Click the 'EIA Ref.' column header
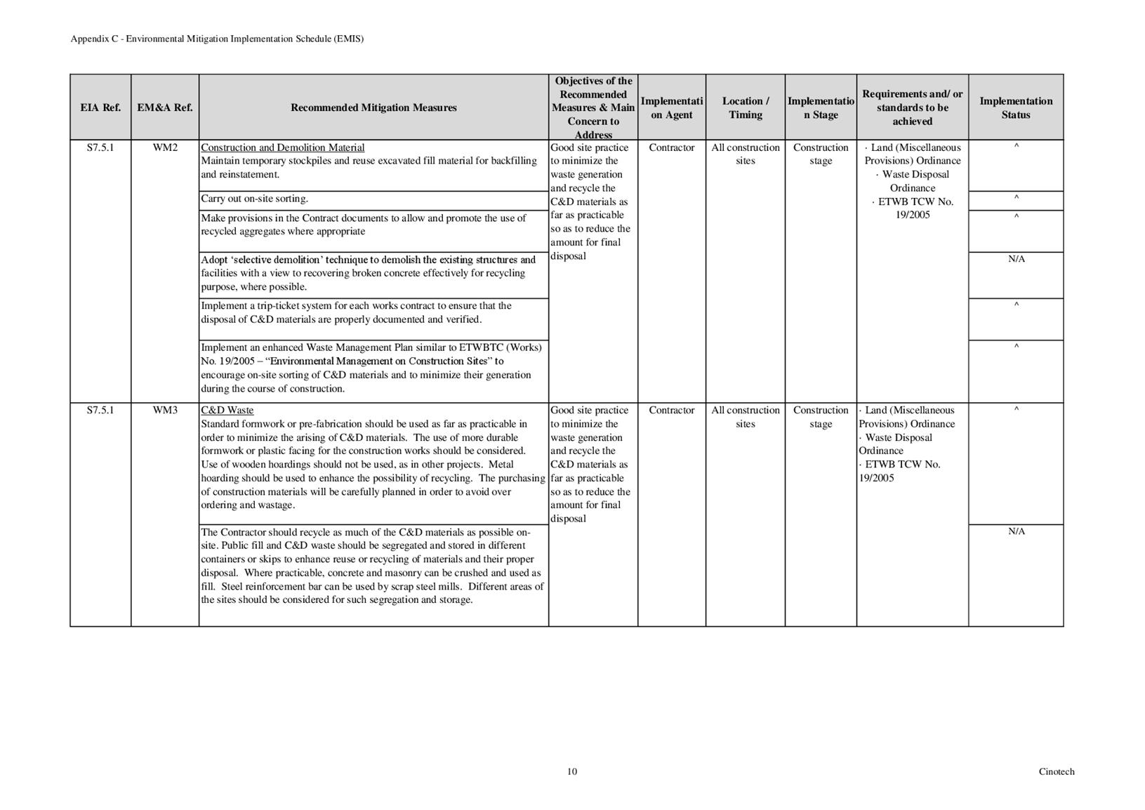[x=100, y=107]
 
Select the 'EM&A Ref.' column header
[x=165, y=107]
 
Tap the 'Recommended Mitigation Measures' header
[x=373, y=107]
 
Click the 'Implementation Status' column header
[x=1016, y=107]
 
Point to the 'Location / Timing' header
[x=746, y=107]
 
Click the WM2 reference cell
[x=165, y=147]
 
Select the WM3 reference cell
[x=165, y=410]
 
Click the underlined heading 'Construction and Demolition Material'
[x=283, y=147]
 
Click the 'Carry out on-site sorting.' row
[x=255, y=199]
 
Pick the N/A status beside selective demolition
[x=1016, y=259]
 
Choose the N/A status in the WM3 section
[x=1016, y=531]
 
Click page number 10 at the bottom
[x=572, y=771]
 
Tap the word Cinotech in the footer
[x=1057, y=771]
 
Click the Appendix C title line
[x=217, y=39]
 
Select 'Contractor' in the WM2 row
[x=672, y=147]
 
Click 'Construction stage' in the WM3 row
[x=821, y=417]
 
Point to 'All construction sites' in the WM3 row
[x=746, y=417]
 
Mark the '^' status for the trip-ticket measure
[x=1016, y=305]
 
